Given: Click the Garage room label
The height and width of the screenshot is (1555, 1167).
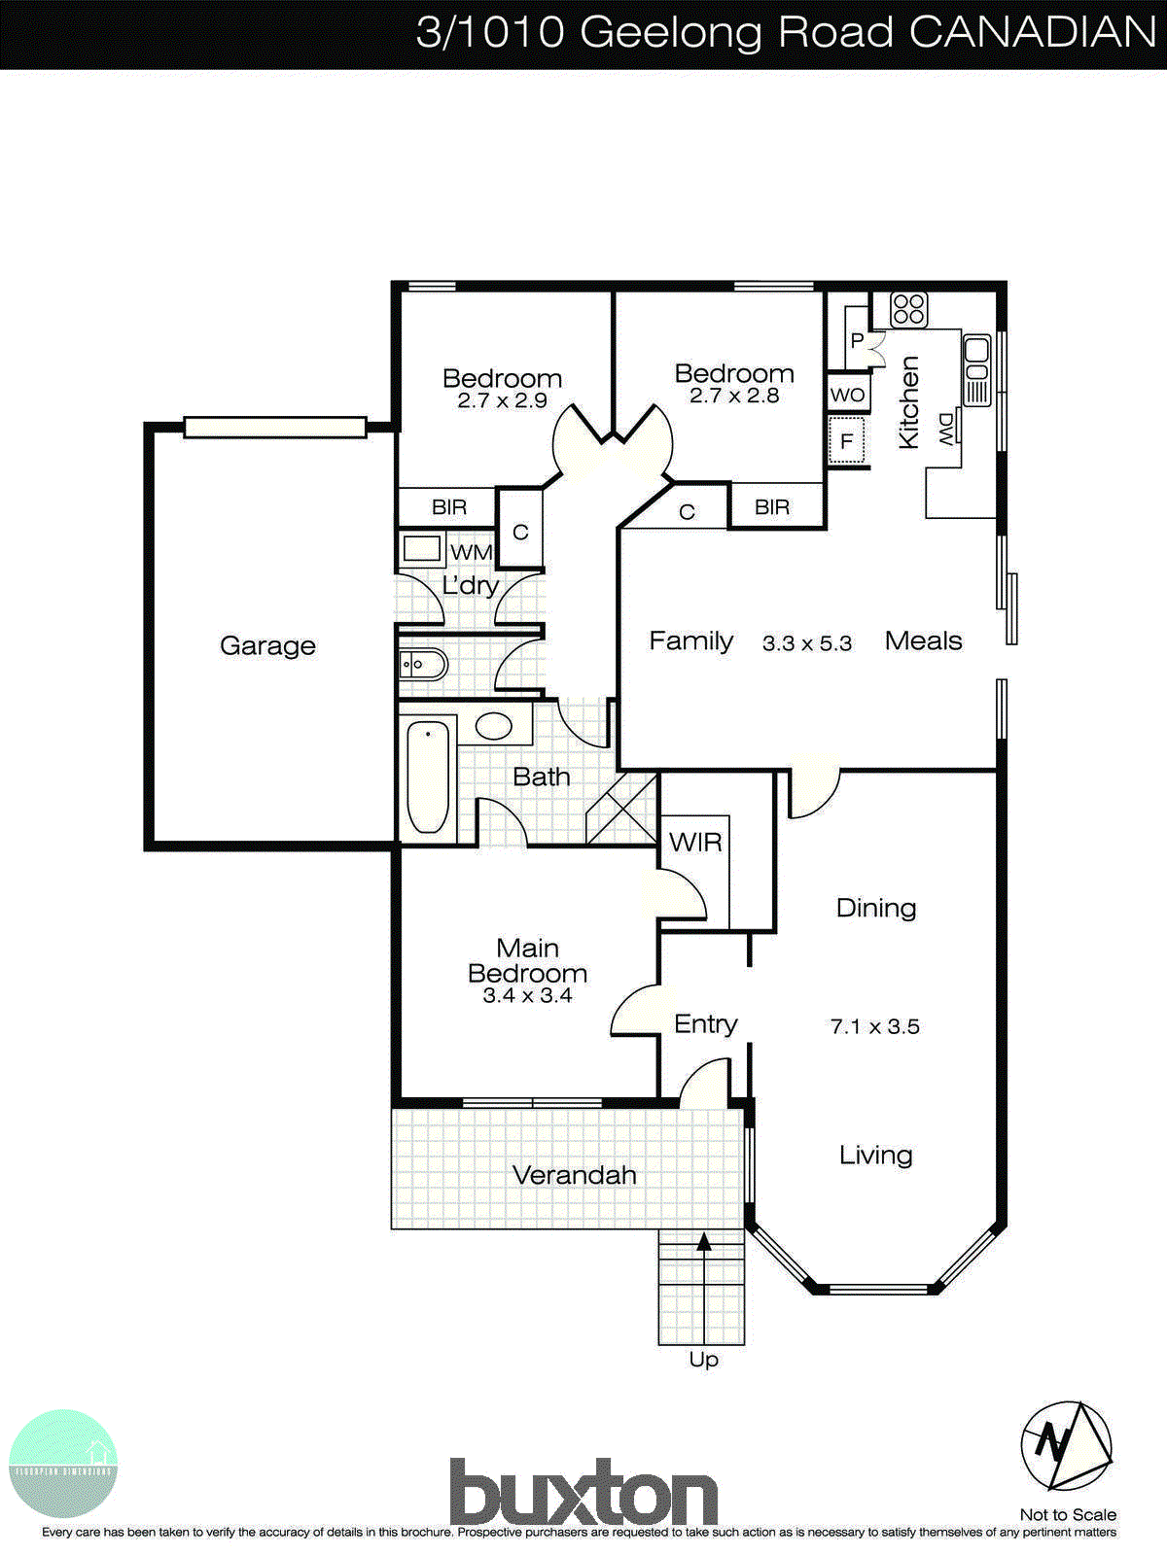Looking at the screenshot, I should click(x=267, y=645).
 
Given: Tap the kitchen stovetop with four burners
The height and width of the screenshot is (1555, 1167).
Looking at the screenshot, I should click(x=909, y=310).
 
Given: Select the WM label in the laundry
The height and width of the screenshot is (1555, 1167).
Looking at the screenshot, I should click(x=472, y=552).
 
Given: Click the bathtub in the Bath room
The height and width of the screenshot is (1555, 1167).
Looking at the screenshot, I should click(x=428, y=777).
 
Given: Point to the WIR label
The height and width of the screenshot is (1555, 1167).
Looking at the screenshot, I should click(x=695, y=842).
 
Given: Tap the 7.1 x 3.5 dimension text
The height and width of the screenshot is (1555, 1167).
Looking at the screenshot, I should click(x=874, y=1026).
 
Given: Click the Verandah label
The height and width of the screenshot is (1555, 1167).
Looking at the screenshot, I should click(x=574, y=1174).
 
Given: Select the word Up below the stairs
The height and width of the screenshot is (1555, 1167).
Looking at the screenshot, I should click(x=703, y=1359).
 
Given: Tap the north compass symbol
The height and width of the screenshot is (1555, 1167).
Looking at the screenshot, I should click(x=1066, y=1445).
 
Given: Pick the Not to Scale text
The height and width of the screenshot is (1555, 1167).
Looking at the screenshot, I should click(x=1068, y=1514).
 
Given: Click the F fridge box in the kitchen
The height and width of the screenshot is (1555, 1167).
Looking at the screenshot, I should click(x=846, y=442).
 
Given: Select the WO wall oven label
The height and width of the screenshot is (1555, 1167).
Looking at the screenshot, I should click(x=847, y=395).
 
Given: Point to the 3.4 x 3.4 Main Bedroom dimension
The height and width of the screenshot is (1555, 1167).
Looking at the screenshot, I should click(x=527, y=995).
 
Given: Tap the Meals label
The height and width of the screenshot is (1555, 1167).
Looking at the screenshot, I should click(x=923, y=640).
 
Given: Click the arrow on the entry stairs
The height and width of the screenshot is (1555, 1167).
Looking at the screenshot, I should click(x=703, y=1241).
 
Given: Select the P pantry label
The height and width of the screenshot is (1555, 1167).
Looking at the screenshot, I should click(x=857, y=340).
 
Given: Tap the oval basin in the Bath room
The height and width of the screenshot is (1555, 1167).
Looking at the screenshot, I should click(x=493, y=725).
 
